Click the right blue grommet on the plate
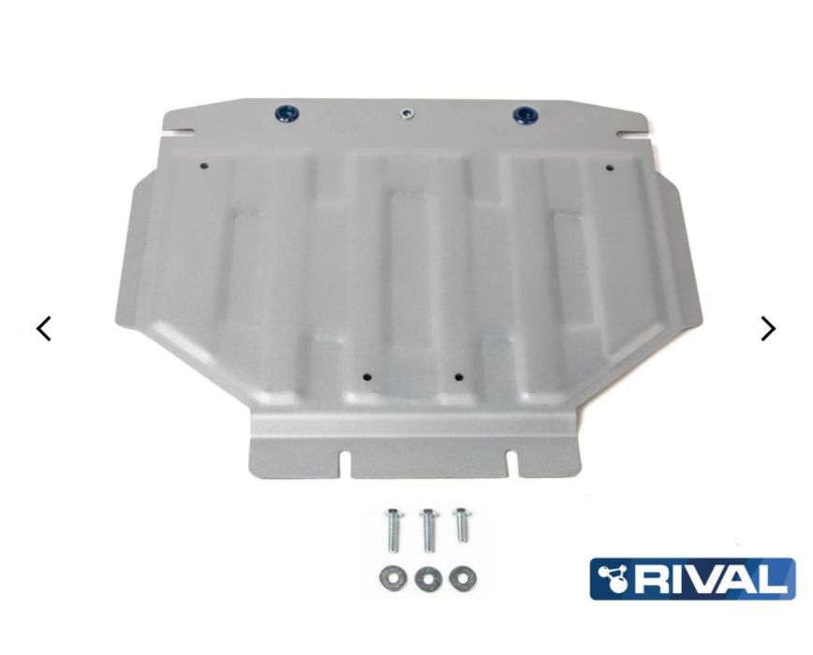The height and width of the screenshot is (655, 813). pyautogui.click(x=525, y=115)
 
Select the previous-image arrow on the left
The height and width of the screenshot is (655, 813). pyautogui.click(x=43, y=328)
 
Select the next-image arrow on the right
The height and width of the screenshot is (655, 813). pyautogui.click(x=768, y=328)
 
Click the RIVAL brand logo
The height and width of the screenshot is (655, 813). pyautogui.click(x=693, y=578)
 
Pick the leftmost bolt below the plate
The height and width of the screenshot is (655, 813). pyautogui.click(x=392, y=531)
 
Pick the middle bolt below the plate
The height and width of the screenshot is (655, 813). pyautogui.click(x=428, y=531)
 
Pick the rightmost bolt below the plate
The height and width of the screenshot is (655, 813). pyautogui.click(x=461, y=526)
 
